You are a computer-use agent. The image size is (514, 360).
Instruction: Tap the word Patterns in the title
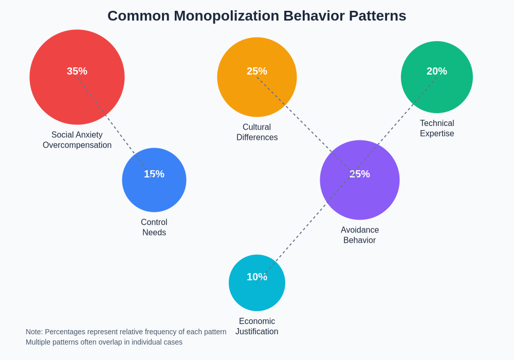coord(377,16)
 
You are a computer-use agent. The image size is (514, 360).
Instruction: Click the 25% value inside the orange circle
coord(257,71)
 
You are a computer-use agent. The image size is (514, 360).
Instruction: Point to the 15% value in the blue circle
coord(154,174)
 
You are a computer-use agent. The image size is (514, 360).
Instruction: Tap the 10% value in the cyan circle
coord(257,277)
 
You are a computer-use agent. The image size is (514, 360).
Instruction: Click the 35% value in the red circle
coord(77,71)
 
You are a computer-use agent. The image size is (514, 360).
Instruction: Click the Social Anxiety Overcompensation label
coord(77,140)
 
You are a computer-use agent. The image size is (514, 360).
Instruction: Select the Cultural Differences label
coord(257,132)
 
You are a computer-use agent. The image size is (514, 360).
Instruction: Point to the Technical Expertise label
coord(437,129)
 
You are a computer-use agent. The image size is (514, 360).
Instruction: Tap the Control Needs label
coord(154,227)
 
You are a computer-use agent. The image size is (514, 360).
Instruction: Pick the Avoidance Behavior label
coord(360,235)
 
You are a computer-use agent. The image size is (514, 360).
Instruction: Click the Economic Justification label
coord(257,327)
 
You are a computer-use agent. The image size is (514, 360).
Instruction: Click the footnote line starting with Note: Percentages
coord(126,332)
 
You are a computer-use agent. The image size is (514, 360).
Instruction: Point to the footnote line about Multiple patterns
coord(104,342)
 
